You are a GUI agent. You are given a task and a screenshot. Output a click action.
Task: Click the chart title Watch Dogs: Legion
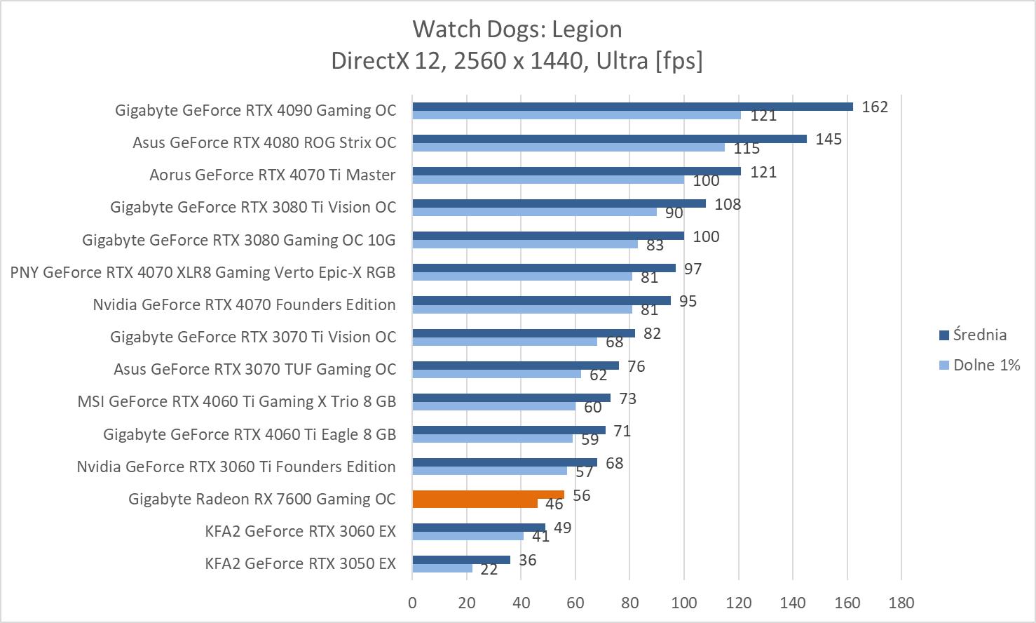click(x=517, y=29)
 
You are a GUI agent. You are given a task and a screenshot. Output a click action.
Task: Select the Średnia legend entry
click(x=979, y=335)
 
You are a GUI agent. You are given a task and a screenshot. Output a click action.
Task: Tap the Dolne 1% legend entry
click(x=986, y=365)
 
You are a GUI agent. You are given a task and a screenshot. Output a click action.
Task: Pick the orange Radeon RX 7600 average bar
click(x=488, y=495)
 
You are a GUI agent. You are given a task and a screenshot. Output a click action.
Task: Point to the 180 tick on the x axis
click(x=901, y=603)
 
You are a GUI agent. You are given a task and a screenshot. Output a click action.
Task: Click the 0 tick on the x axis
click(x=412, y=603)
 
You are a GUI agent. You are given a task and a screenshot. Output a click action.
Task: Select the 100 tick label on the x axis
click(x=684, y=603)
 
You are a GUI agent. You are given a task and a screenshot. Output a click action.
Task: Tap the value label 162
click(x=875, y=107)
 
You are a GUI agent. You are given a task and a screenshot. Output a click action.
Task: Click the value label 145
click(x=829, y=139)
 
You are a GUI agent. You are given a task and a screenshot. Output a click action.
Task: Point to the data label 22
click(x=489, y=570)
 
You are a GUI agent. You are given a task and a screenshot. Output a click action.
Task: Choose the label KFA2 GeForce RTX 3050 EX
click(x=300, y=563)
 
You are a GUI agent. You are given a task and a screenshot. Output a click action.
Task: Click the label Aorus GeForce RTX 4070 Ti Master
click(x=272, y=175)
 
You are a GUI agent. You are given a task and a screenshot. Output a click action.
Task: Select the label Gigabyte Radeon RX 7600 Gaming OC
click(x=262, y=499)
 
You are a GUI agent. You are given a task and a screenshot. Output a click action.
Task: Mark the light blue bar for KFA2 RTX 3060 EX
click(x=468, y=536)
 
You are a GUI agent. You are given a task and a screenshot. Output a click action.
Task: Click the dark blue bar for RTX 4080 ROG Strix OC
click(x=609, y=139)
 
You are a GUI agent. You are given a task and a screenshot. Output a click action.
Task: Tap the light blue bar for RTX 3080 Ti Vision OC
click(x=534, y=212)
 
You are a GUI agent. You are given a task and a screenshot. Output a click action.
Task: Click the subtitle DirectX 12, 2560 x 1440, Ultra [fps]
click(x=517, y=61)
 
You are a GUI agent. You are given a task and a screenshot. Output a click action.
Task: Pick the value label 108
click(x=728, y=204)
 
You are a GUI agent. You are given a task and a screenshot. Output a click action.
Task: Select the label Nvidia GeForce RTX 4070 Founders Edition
click(x=244, y=304)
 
